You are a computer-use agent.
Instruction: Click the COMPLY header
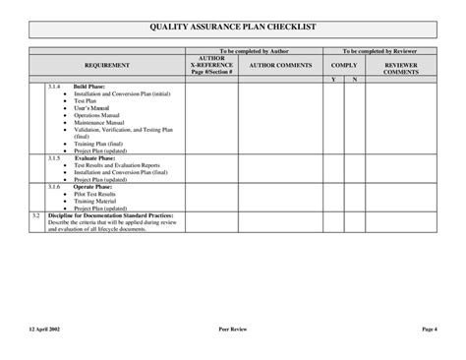[344, 64]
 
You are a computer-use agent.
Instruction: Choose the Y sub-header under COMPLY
[333, 78]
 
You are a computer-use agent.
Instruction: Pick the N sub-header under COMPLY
[354, 78]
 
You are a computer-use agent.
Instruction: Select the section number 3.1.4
[54, 87]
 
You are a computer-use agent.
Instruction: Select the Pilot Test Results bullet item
[98, 194]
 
